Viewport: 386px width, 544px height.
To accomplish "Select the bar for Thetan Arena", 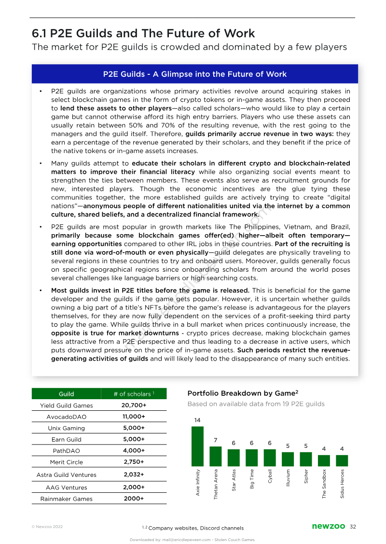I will click(216, 456).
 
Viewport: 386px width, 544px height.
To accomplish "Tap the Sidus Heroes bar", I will click(342, 460).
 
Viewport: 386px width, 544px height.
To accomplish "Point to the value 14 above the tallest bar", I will click(197, 420).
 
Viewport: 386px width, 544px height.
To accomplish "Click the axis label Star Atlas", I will click(234, 480).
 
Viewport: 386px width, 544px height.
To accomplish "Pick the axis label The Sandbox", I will click(324, 484).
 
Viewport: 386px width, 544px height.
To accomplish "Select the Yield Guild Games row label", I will click(67, 405).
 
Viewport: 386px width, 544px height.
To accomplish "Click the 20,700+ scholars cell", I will click(134, 405).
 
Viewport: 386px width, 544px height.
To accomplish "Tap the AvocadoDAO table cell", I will click(67, 417).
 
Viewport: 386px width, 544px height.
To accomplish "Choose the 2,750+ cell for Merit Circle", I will click(134, 462).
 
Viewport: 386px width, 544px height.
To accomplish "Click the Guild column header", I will click(67, 394).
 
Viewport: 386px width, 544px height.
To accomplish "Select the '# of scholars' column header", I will click(134, 394).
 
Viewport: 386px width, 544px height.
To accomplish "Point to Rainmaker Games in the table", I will click(67, 499).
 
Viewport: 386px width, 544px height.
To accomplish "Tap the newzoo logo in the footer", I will click(328, 527).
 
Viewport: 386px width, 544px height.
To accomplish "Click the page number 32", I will click(353, 527).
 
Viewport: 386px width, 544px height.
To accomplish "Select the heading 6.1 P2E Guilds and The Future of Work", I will click(143, 33).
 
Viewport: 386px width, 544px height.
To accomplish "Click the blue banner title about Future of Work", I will click(195, 74).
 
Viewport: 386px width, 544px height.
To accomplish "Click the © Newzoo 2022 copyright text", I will click(47, 527).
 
